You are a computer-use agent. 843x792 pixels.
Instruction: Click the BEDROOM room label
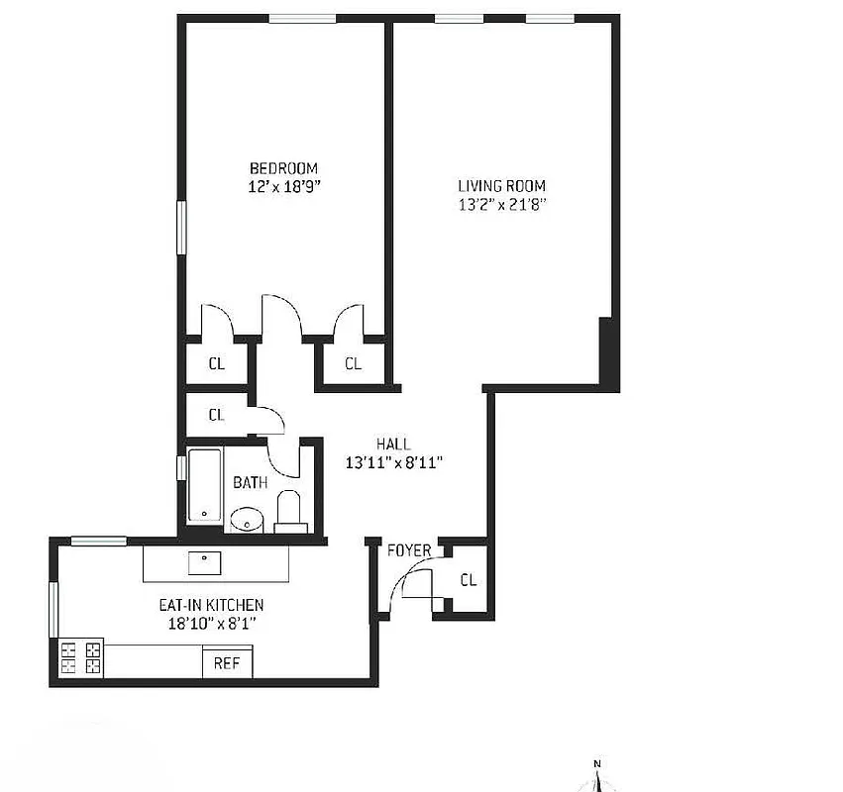[283, 168]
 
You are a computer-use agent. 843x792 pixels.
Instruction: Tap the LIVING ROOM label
[501, 185]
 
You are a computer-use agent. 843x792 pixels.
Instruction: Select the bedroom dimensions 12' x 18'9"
[283, 186]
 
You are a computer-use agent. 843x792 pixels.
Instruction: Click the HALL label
[393, 445]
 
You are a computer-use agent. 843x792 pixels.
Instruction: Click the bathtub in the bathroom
[205, 485]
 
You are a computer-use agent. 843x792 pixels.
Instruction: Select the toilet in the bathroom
[289, 511]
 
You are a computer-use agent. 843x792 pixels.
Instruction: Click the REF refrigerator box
[227, 663]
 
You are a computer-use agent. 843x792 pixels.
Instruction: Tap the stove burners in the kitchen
[80, 658]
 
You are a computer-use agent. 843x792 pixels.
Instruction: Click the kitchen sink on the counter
[205, 562]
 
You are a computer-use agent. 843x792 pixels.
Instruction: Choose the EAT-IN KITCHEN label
[211, 605]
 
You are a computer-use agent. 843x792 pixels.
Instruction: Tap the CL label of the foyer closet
[469, 580]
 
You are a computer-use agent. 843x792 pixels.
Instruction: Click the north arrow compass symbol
[597, 776]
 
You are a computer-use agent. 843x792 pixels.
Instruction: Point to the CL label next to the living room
[354, 363]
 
